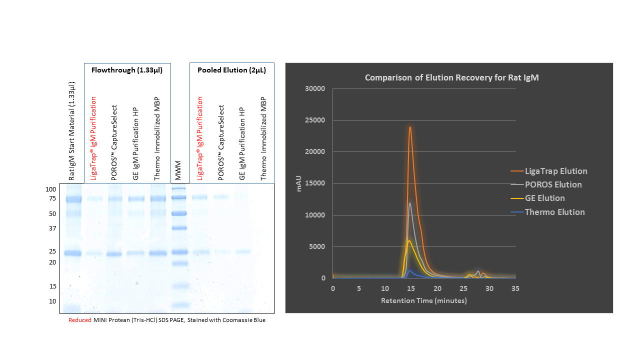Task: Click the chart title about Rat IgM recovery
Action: [451, 77]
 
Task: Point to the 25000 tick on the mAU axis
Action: [315, 120]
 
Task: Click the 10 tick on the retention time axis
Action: [385, 288]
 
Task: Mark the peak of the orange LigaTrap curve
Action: [410, 127]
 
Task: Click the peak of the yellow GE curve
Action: [409, 241]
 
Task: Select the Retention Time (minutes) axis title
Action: [424, 300]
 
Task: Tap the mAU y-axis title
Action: [299, 183]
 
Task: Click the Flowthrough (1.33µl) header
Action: [127, 70]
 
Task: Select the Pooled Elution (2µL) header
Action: [231, 70]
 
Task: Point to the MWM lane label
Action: [178, 170]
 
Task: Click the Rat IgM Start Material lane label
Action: [71, 131]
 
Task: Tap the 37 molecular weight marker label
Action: [52, 228]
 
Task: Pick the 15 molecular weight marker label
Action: [53, 286]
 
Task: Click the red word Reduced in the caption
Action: [79, 320]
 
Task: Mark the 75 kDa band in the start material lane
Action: [73, 199]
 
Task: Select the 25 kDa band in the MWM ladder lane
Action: [179, 252]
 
